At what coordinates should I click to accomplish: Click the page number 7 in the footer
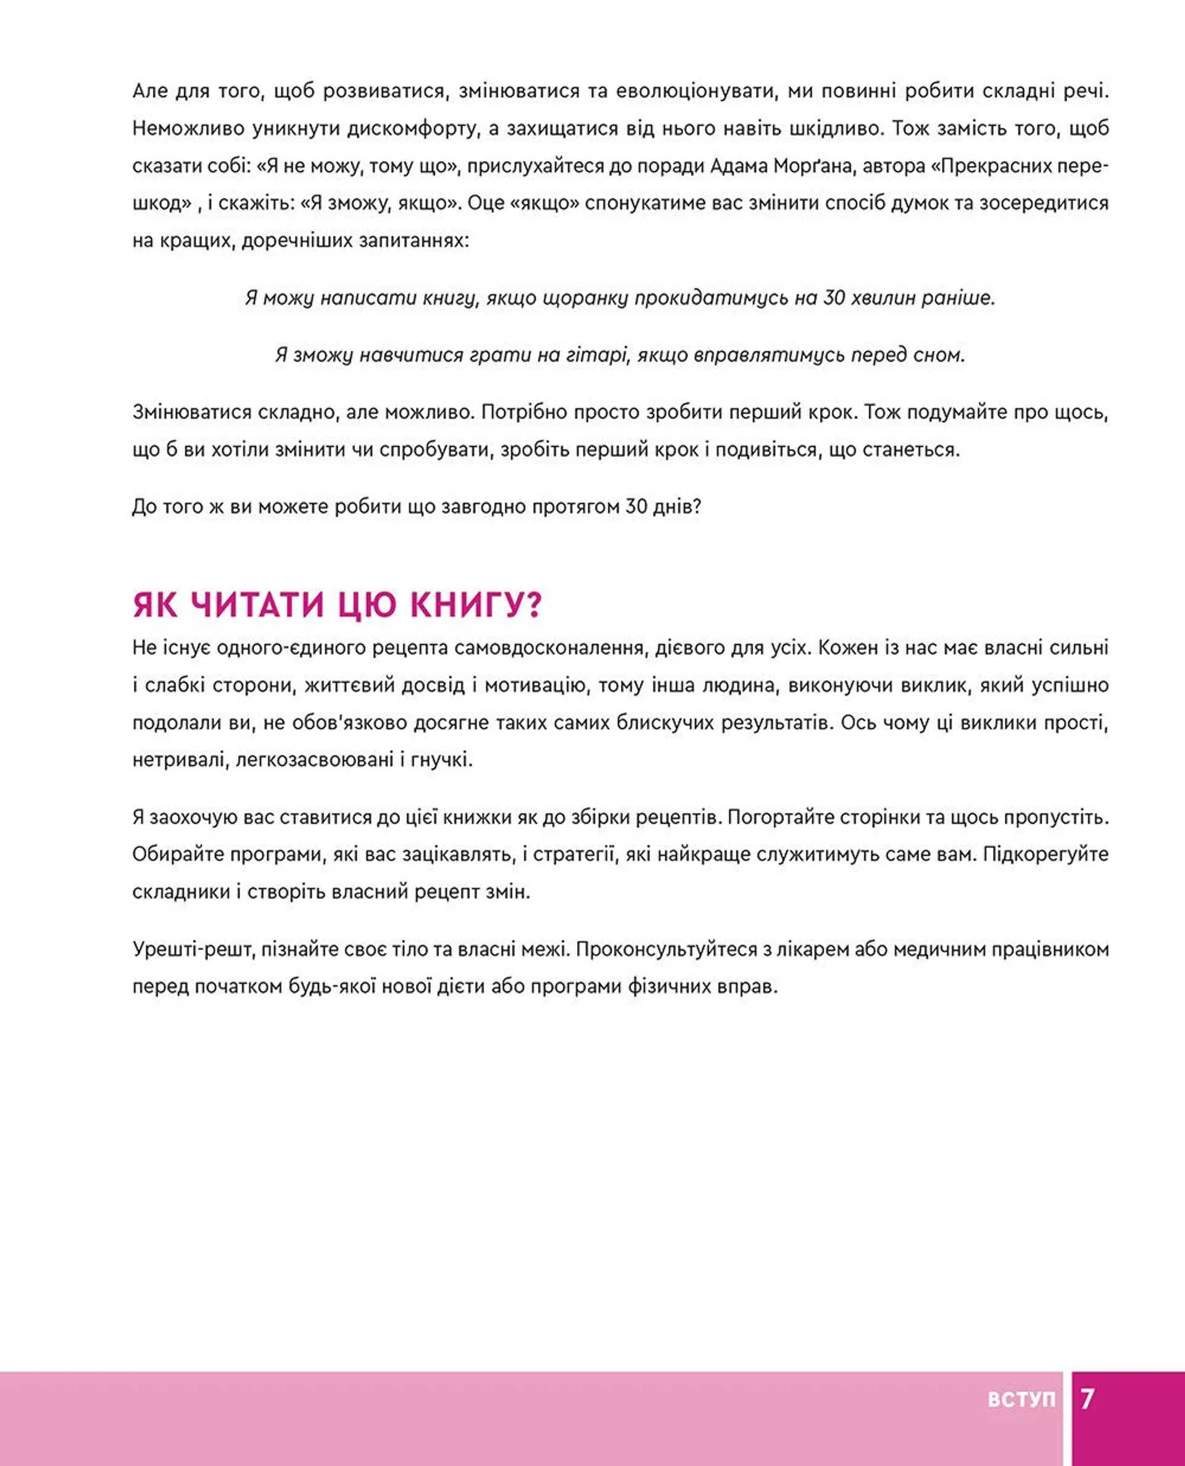(x=1087, y=1399)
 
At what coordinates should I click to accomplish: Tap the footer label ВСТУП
(x=1021, y=1399)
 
